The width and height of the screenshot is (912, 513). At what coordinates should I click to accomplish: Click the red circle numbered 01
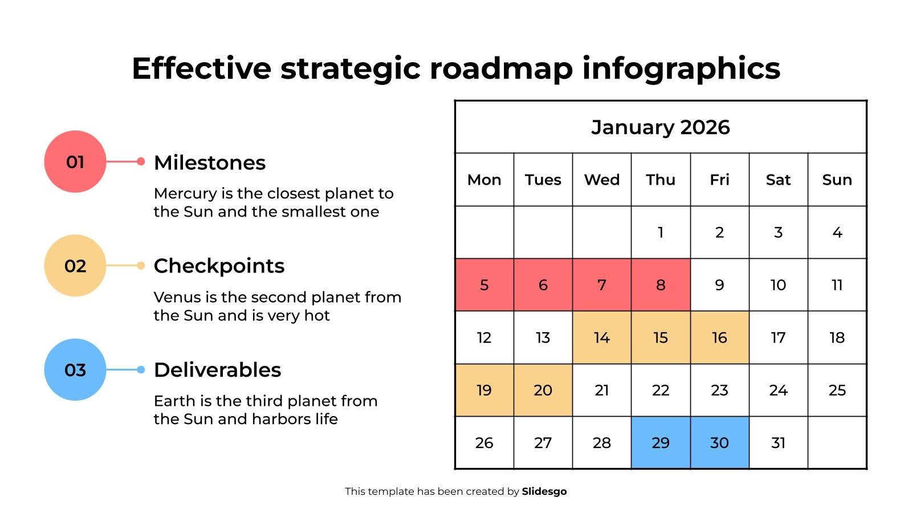(x=75, y=162)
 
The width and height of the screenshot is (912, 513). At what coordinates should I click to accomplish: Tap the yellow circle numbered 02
(x=75, y=266)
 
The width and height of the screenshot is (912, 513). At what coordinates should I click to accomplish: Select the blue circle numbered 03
(x=75, y=370)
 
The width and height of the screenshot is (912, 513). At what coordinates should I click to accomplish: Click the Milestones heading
(x=210, y=162)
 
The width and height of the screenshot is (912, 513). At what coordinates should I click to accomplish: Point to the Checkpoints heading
(x=219, y=267)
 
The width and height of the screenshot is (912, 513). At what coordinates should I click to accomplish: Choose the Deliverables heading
(x=217, y=370)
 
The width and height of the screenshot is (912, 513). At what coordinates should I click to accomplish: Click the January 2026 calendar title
(x=661, y=128)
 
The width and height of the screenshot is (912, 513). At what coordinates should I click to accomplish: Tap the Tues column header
(x=543, y=180)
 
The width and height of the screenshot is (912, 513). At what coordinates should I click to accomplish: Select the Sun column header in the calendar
(x=837, y=180)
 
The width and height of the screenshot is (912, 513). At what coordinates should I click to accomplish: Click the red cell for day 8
(x=661, y=284)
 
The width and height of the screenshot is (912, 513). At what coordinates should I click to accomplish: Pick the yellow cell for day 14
(x=602, y=337)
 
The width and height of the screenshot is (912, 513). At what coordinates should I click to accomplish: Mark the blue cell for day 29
(x=661, y=442)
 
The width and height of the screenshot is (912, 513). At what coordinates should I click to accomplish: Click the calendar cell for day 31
(x=779, y=442)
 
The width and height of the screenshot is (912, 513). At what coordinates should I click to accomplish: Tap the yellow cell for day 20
(x=543, y=390)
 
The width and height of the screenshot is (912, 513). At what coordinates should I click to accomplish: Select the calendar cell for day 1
(x=661, y=232)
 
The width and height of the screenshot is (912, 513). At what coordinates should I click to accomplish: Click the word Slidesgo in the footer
(x=544, y=491)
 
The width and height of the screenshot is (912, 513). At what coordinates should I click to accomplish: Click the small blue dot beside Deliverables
(x=141, y=370)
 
